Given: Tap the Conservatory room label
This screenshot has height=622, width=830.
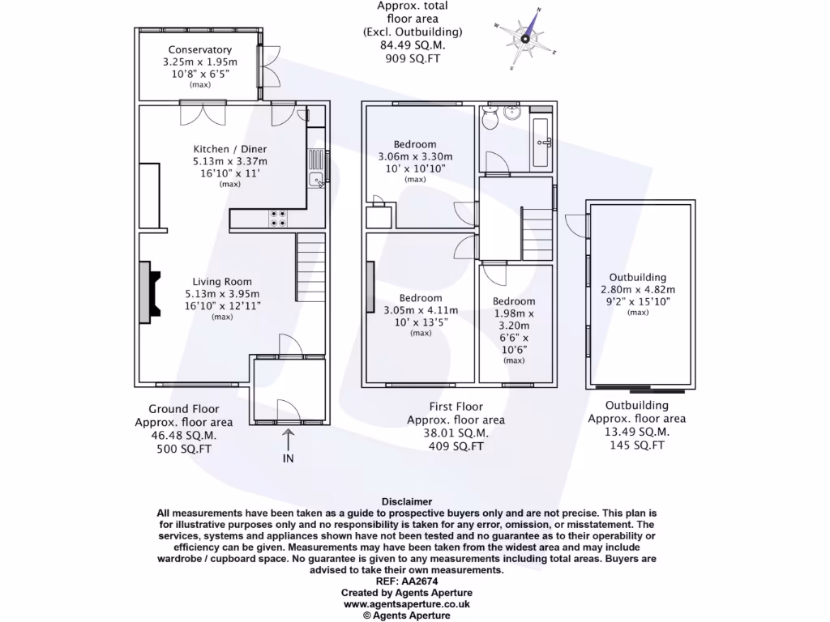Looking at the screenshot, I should pos(199,50).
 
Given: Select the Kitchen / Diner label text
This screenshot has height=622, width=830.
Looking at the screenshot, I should pos(230,149).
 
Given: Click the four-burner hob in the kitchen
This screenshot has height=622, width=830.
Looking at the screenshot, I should pos(278,217).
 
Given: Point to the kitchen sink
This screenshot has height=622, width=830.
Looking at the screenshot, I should pos(317,179).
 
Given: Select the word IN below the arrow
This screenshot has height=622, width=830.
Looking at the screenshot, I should pos(289,458).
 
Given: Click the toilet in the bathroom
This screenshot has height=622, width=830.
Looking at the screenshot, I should pos(489,120).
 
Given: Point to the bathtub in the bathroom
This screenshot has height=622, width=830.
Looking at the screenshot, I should pos(542,143).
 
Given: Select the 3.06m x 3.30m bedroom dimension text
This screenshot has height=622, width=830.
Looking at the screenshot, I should pos(415,157).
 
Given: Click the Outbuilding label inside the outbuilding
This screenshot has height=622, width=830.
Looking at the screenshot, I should pos(638,278).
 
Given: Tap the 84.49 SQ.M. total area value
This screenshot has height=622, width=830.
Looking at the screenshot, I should pos(413,45).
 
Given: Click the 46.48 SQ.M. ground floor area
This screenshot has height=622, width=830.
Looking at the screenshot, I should pos(184,435).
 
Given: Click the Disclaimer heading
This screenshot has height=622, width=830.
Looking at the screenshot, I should pos(406,502).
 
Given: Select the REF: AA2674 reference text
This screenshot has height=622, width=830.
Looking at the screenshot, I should pos(406,582).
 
